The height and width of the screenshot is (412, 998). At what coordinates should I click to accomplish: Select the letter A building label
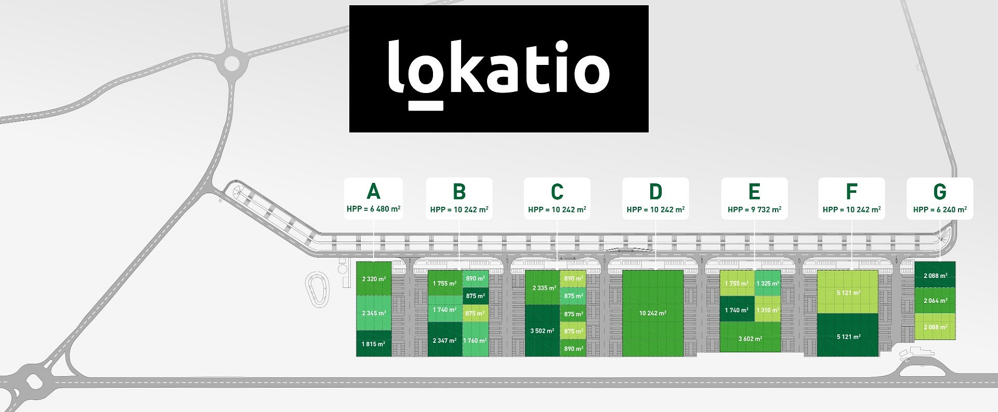point(373,191)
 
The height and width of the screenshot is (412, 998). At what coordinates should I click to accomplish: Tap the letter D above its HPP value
point(655,192)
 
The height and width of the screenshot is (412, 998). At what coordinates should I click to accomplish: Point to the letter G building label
point(940,192)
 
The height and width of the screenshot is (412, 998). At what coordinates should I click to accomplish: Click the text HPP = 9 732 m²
point(754,209)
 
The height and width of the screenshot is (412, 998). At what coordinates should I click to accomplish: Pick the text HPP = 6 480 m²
point(373,209)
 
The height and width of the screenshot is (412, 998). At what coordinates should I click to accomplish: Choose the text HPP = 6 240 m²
point(940,209)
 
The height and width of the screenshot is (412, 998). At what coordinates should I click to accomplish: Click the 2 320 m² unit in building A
point(374,279)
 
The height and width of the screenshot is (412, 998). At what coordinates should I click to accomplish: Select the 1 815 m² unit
point(374,343)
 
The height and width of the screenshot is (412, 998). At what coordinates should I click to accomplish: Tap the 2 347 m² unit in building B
point(445,340)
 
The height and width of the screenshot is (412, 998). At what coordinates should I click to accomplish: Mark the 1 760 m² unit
point(476,340)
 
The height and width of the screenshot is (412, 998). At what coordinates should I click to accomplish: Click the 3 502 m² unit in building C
point(543,330)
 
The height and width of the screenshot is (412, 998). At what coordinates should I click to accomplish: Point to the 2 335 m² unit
point(543,287)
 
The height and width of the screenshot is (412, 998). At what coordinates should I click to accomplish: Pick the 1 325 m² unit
point(768,283)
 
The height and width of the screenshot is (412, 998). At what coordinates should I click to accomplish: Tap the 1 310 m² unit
point(768,309)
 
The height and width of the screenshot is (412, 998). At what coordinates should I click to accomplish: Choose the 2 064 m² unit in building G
point(935,300)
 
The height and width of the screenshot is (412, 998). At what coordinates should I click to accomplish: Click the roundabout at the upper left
point(232,64)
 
